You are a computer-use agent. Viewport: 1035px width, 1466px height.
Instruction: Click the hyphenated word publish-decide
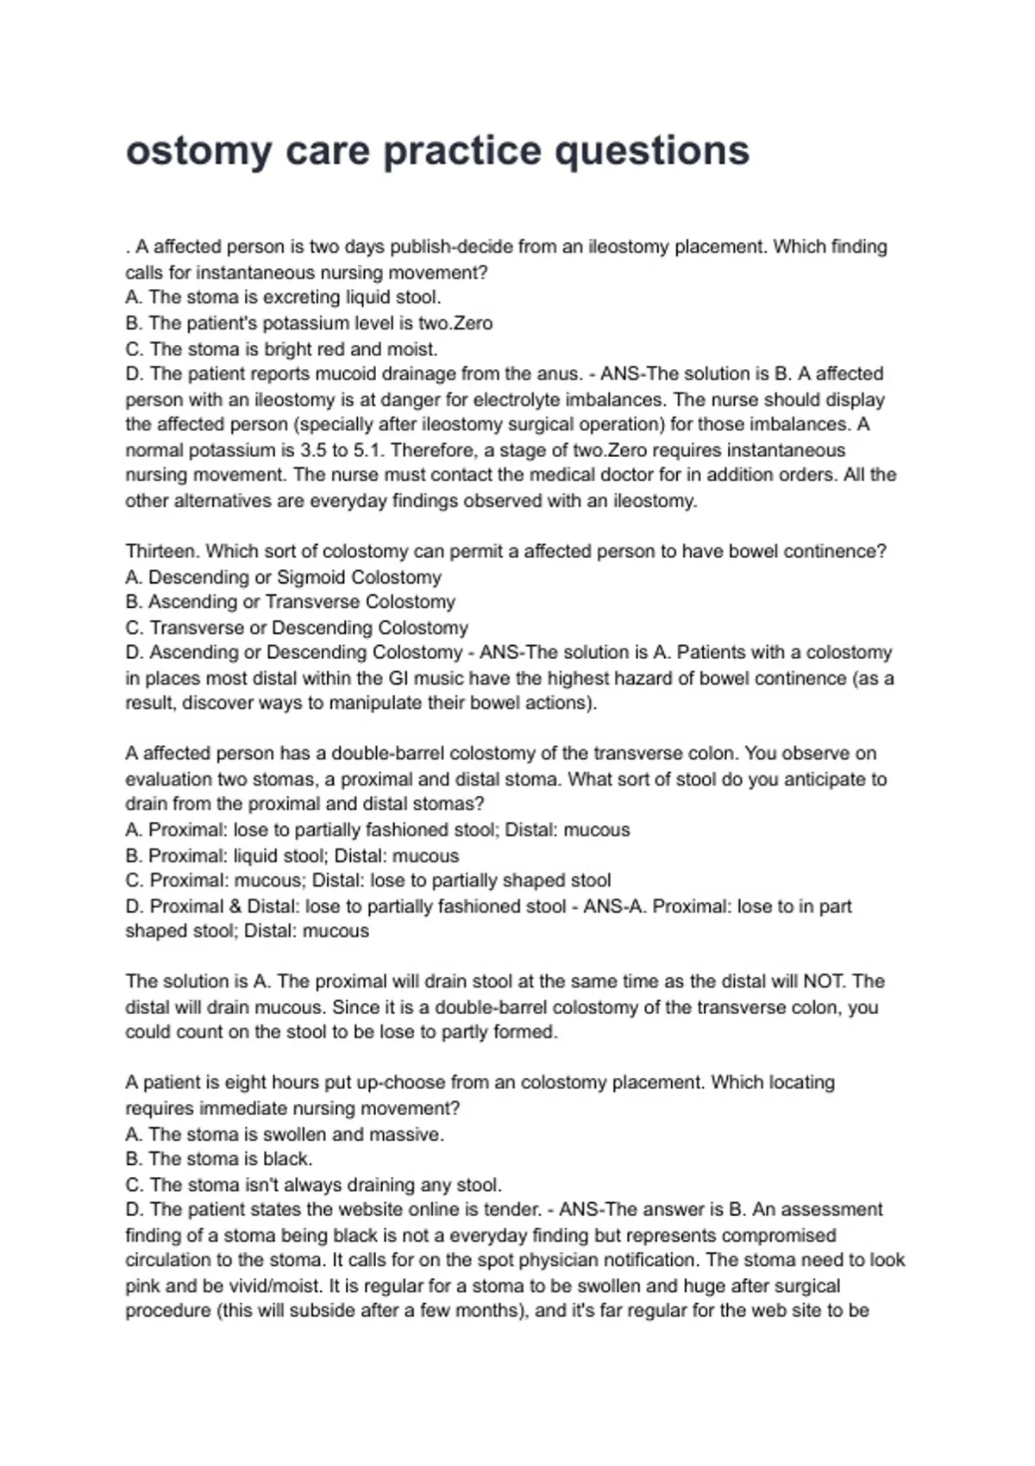click(x=451, y=247)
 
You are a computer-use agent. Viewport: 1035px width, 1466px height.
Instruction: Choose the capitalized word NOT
click(x=825, y=981)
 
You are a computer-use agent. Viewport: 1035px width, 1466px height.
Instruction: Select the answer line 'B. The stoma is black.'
click(x=219, y=1159)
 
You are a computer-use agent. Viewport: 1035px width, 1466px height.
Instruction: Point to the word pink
click(x=142, y=1286)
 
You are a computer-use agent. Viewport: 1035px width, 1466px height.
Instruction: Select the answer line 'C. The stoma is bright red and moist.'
click(x=281, y=349)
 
